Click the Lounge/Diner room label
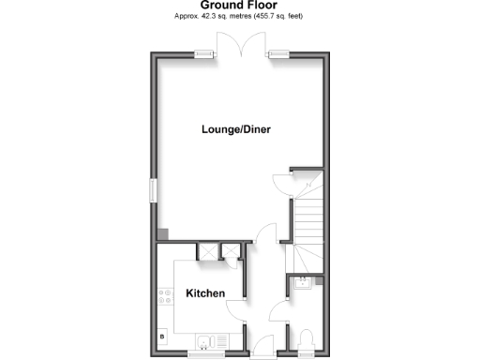[235, 129]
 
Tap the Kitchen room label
[205, 293]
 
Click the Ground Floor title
[238, 6]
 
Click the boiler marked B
[163, 336]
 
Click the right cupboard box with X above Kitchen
[228, 250]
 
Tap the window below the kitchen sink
[205, 353]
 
